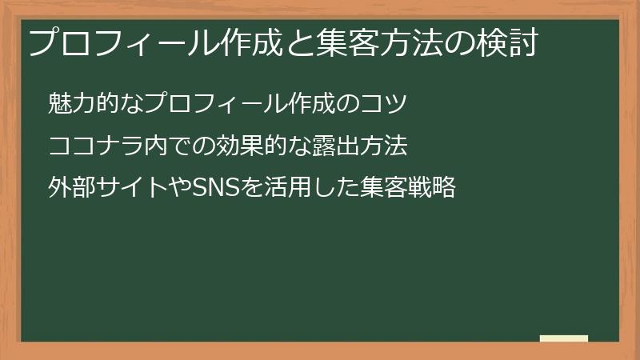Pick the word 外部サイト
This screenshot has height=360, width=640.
[108, 190]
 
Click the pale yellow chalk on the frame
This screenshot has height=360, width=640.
[564, 339]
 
